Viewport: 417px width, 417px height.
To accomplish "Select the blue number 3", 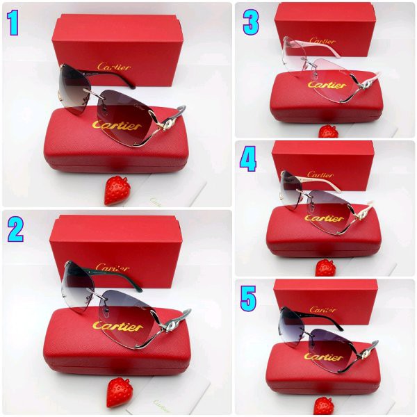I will (250, 22).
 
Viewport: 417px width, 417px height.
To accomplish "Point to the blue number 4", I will (248, 159).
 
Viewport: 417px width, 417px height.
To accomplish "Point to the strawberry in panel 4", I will (325, 268).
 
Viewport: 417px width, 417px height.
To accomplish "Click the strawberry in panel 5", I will (324, 405).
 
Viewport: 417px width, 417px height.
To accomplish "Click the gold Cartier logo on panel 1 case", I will (117, 126).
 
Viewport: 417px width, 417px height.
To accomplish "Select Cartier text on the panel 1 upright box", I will (113, 66).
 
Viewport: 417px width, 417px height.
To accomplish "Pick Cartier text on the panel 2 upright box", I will (113, 268).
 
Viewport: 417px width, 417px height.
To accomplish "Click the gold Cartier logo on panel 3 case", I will (327, 85).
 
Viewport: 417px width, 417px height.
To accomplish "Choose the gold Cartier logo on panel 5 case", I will (323, 357).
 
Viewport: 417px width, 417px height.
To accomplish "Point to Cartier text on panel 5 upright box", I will (323, 309).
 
